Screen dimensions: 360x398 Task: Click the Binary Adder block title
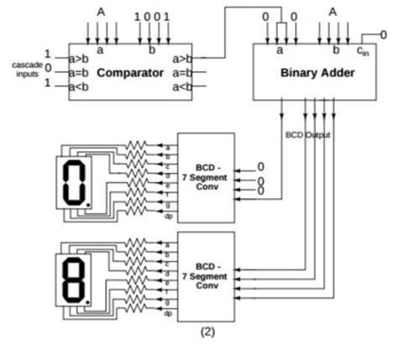[317, 73]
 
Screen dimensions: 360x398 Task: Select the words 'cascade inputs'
[27, 68]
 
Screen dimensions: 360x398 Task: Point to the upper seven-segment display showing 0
[74, 180]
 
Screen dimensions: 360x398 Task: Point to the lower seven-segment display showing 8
[74, 277]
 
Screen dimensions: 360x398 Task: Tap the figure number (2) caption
[207, 331]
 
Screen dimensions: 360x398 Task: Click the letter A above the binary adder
[333, 13]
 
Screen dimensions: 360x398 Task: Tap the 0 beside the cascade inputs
[48, 67]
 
